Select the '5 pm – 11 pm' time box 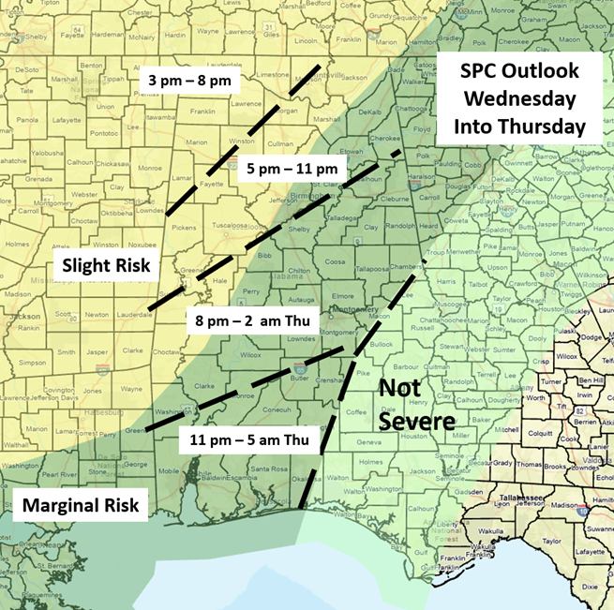tap(291, 170)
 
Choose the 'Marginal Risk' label tap(81, 507)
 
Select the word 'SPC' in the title tap(477, 71)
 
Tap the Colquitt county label tap(537, 432)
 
